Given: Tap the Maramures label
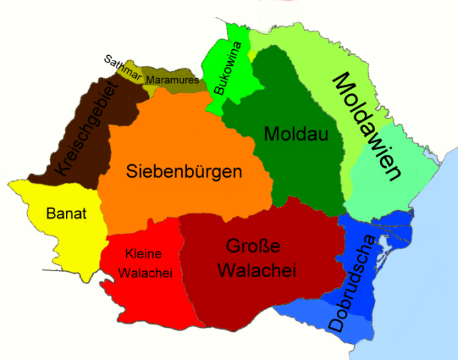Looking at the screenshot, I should coord(172,80).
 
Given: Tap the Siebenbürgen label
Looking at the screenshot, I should coord(184,171).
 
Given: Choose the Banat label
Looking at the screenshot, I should coord(67,214).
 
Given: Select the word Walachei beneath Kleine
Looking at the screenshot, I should coord(145,273).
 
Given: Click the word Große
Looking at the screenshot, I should coord(253,246).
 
